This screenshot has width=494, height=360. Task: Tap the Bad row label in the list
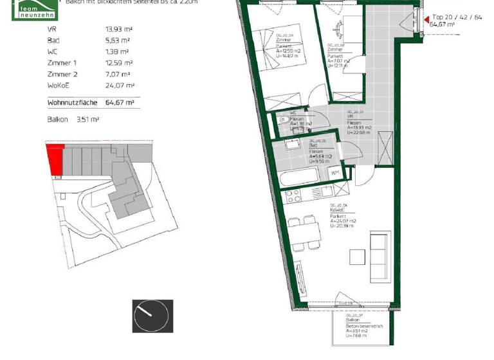click(53, 40)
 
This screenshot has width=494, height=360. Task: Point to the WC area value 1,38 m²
click(117, 51)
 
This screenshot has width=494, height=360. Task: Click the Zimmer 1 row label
click(61, 63)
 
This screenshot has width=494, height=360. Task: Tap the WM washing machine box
click(335, 173)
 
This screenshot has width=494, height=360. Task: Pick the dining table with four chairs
click(302, 231)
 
